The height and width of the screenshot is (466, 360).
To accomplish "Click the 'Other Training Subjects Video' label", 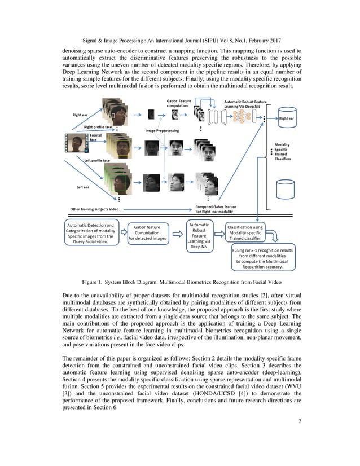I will coord(95,209).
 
